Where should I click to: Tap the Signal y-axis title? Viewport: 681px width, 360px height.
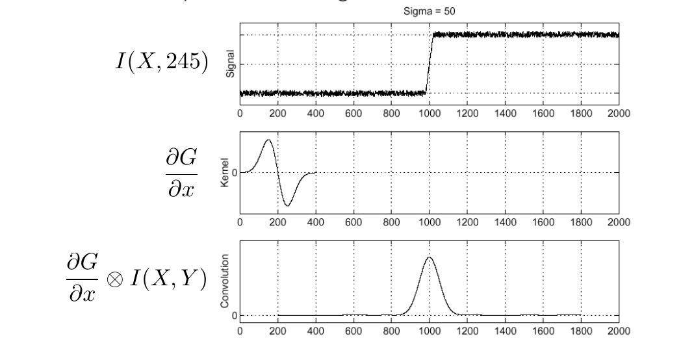tap(230, 64)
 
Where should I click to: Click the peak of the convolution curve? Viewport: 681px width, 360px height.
tap(429, 257)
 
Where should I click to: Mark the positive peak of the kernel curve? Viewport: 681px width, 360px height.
tap(268, 140)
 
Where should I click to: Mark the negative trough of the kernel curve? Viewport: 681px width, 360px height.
tap(288, 206)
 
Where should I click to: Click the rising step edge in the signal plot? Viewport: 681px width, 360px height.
tap(429, 64)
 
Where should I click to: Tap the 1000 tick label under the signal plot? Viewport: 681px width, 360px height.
tap(429, 113)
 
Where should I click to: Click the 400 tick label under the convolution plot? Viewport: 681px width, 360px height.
tap(316, 330)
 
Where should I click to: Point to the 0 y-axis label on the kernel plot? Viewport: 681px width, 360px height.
tap(234, 173)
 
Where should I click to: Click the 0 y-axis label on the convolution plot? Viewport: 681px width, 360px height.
tap(234, 316)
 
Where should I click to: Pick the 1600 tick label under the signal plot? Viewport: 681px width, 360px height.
tap(543, 113)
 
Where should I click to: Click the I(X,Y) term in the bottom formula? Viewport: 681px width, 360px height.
tap(170, 281)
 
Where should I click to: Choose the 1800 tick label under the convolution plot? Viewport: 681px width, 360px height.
tap(580, 330)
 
